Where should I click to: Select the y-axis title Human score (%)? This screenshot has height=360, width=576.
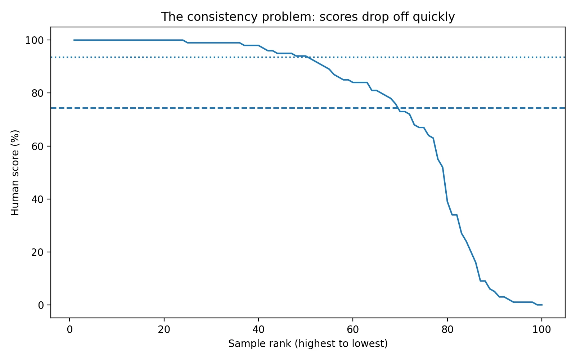point(15,173)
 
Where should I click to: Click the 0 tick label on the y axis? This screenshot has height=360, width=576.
point(41,305)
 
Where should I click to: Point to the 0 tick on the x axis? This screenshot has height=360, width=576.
point(69,329)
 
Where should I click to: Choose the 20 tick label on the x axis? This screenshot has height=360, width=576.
point(164,329)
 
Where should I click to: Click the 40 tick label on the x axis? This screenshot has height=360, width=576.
point(258,329)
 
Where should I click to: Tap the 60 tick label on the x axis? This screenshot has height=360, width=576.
point(353,329)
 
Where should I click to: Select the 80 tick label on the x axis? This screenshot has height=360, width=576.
point(447,329)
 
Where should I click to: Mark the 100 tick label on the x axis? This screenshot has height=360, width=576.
point(542,329)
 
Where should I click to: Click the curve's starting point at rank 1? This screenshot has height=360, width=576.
point(74,40)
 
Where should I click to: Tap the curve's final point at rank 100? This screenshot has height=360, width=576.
point(542,305)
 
